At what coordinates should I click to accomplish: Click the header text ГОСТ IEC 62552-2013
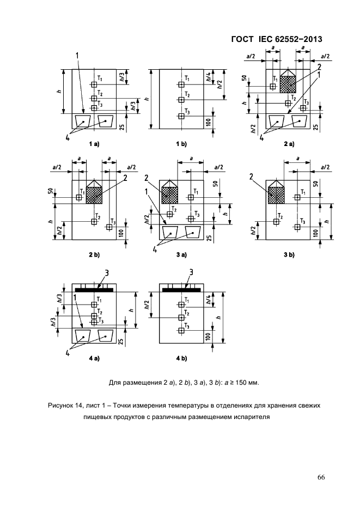277,39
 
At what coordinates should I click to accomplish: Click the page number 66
321,477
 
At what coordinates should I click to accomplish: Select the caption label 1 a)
94,143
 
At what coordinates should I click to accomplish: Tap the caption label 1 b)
181,143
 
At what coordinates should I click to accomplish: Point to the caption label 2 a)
289,143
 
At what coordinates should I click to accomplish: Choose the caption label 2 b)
94,254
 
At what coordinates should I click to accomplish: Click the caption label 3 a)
181,254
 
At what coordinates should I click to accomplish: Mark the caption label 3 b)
289,254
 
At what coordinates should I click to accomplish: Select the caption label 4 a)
94,358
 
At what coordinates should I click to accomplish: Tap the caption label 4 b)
181,358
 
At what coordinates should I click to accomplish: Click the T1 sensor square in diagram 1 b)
181,84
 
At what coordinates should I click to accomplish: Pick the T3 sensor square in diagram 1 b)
181,116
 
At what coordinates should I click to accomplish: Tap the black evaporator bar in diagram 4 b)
181,289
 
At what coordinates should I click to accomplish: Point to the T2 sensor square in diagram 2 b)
94,222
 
